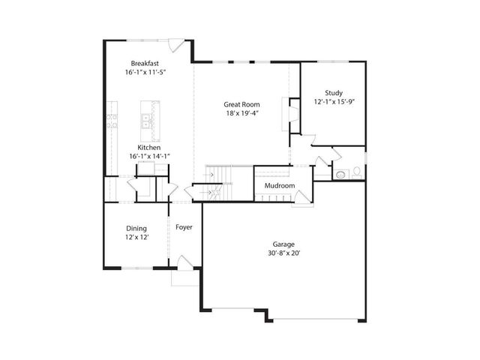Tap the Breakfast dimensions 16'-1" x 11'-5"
point(145,73)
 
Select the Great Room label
point(241,104)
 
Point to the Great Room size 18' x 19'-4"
point(241,114)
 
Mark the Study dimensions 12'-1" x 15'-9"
point(334,101)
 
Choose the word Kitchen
point(148,148)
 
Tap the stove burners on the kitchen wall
point(112,121)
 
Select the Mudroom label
point(279,185)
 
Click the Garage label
point(283,244)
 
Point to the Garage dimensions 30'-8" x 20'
point(283,253)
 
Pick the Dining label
point(136,228)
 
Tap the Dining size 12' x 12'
point(136,237)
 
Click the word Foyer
point(184,227)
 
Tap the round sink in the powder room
point(341,174)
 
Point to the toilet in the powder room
point(358,173)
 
